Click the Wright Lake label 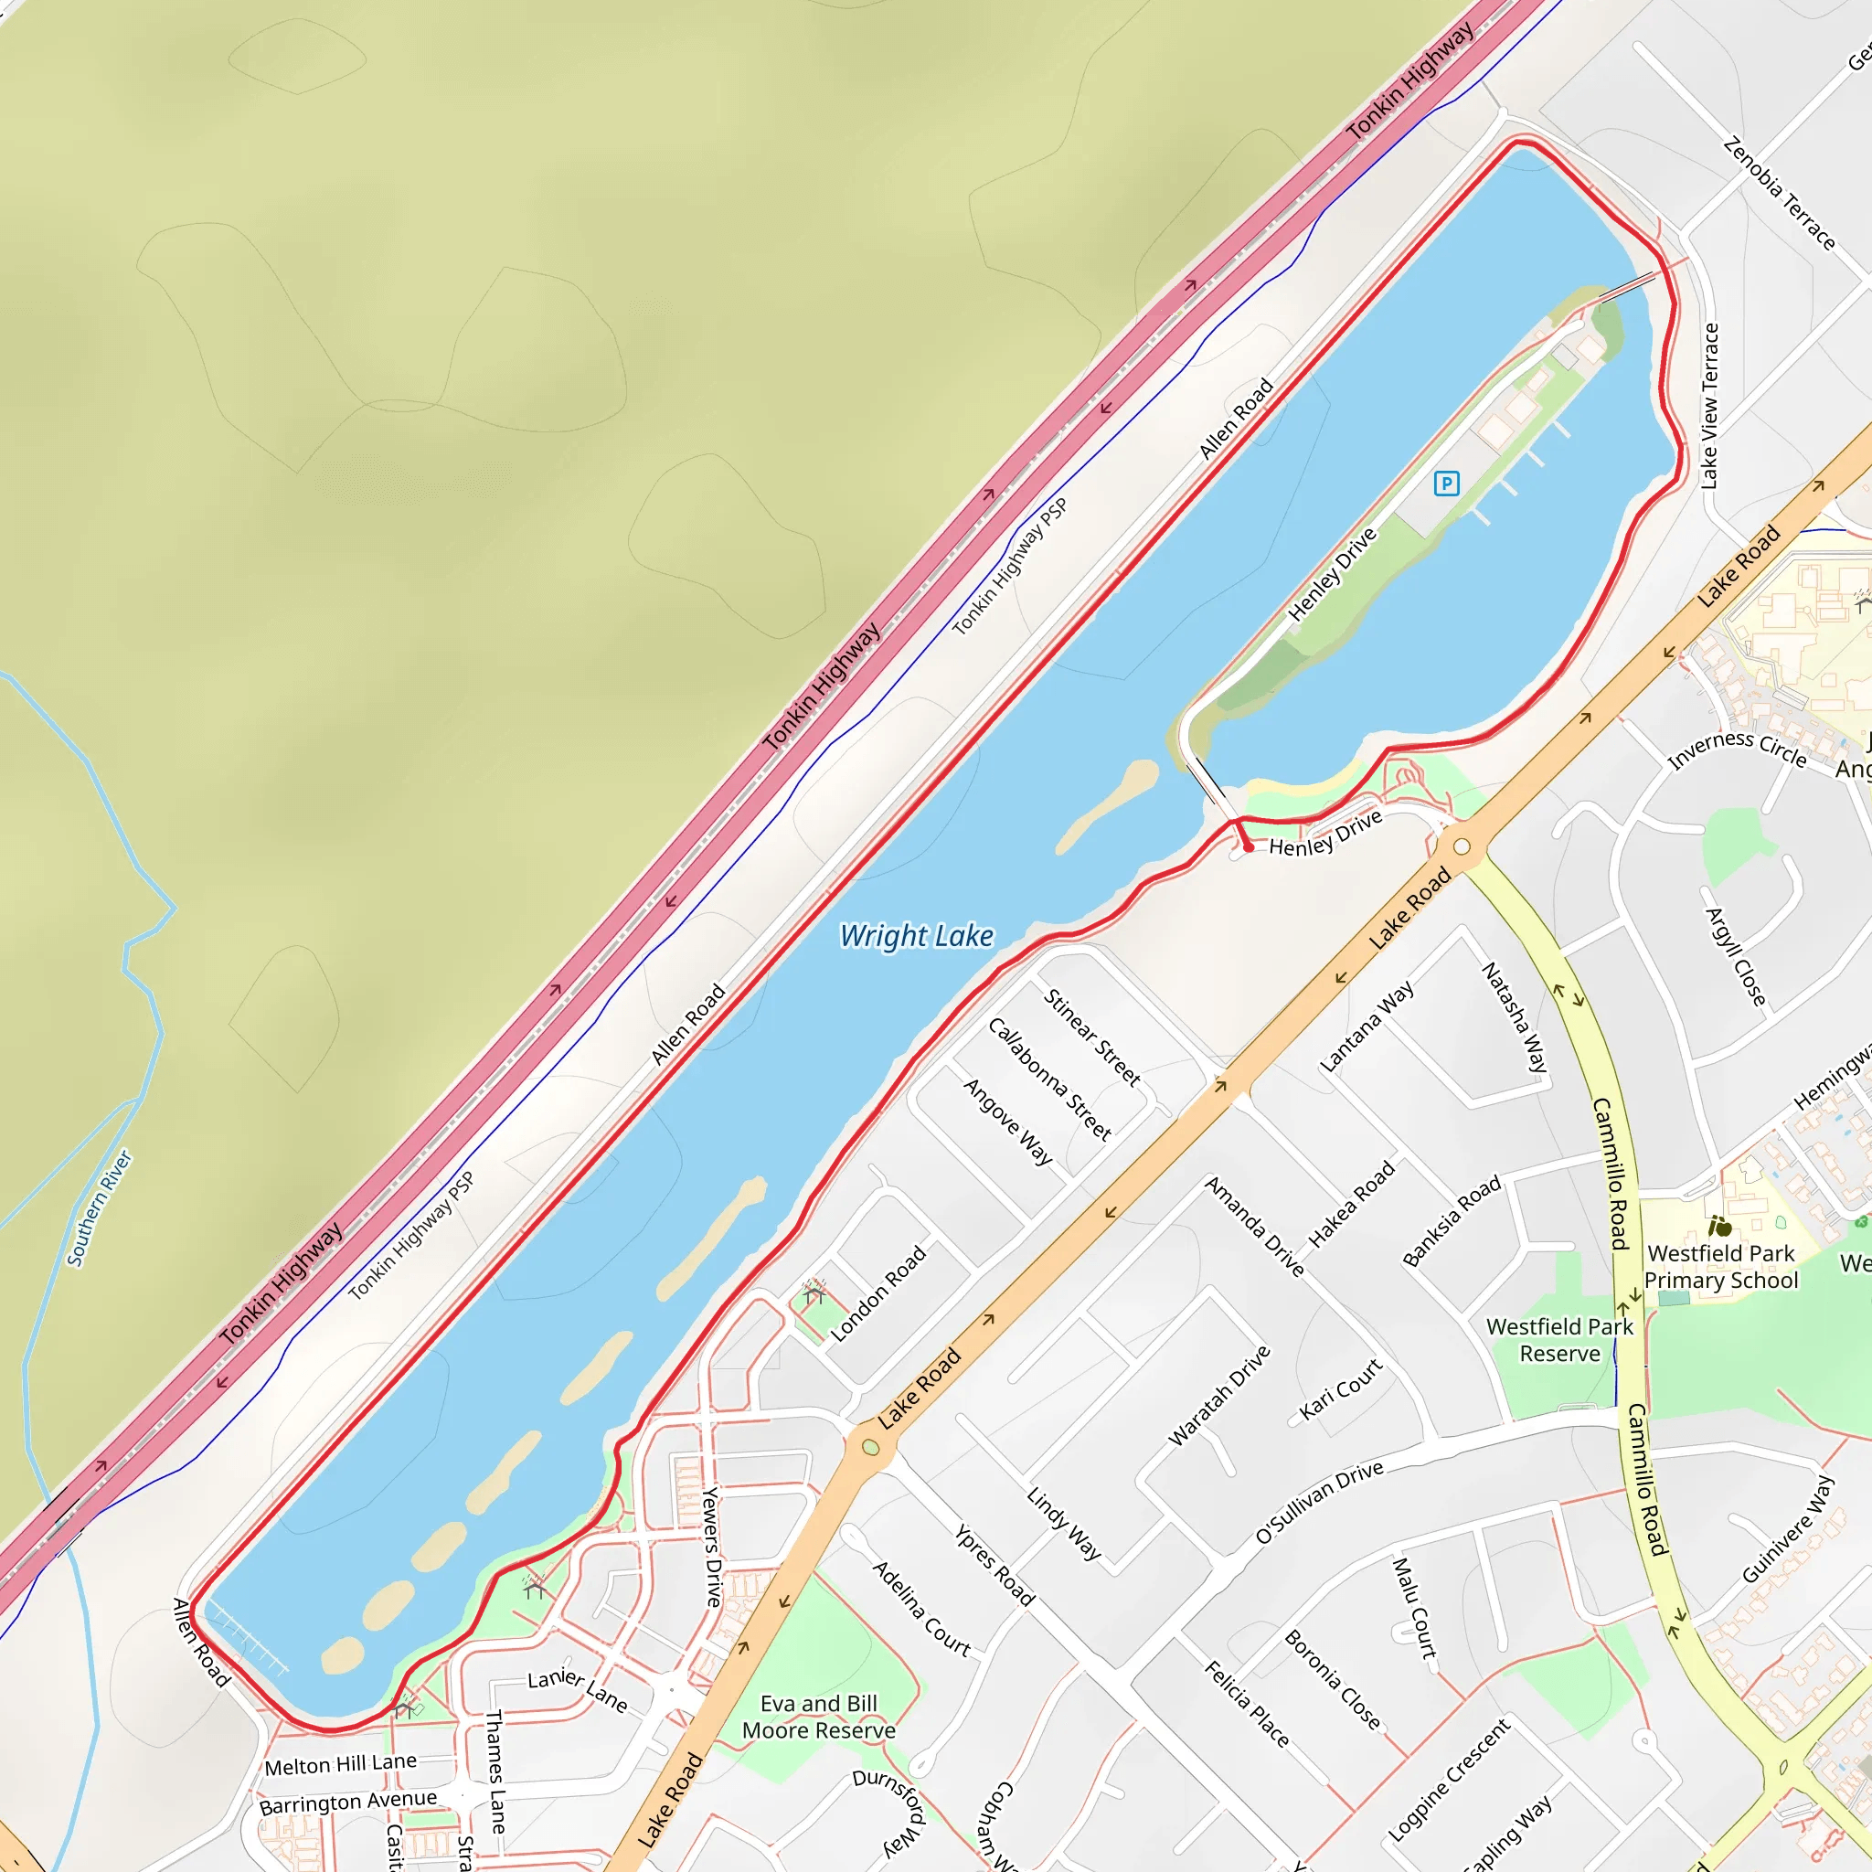coord(916,936)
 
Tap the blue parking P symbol coord(1446,483)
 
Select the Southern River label coord(99,1208)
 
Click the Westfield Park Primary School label coord(1721,1266)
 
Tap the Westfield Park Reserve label coord(1559,1340)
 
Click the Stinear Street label coord(1092,1037)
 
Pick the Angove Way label coord(1007,1121)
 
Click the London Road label coord(877,1294)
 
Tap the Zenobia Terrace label coord(1779,194)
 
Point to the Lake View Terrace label coord(1709,406)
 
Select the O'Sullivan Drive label coord(1319,1503)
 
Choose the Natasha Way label coord(1515,1016)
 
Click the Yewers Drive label coord(712,1548)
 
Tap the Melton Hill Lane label coord(340,1764)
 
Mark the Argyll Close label coord(1736,956)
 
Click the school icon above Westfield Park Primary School coord(1721,1227)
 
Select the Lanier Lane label coord(578,1691)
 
